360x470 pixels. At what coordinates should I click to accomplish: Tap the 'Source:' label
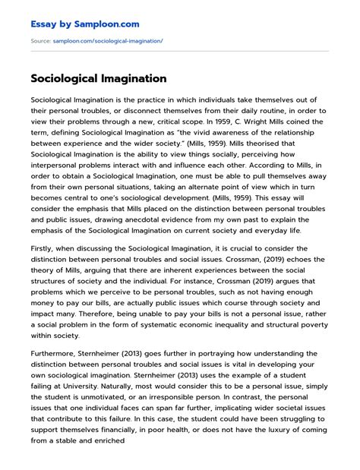pos(40,40)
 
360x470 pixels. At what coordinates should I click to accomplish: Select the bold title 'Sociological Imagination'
pos(99,78)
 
